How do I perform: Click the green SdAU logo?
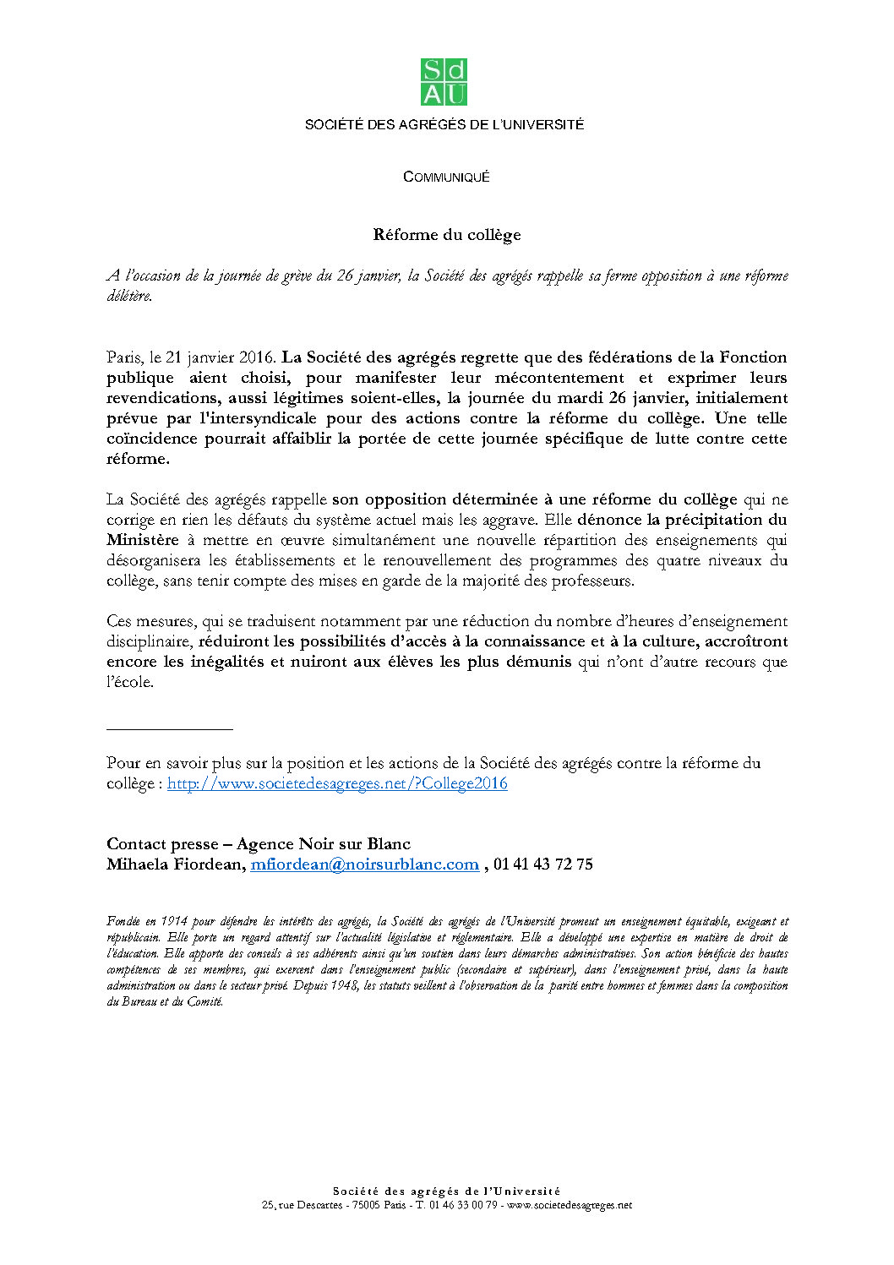click(x=444, y=82)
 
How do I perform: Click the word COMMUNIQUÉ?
click(x=446, y=177)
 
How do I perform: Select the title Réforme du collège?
click(x=446, y=235)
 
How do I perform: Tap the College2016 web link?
click(x=337, y=783)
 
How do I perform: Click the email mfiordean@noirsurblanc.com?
click(x=364, y=864)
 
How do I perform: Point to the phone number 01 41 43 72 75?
click(x=543, y=864)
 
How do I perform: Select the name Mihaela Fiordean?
click(x=176, y=864)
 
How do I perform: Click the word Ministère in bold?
click(x=143, y=540)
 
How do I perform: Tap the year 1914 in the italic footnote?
click(x=173, y=921)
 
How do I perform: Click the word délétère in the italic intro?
click(x=129, y=296)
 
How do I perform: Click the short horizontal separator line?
click(x=169, y=728)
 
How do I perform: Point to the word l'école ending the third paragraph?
click(x=130, y=682)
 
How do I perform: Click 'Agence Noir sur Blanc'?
click(x=324, y=844)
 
